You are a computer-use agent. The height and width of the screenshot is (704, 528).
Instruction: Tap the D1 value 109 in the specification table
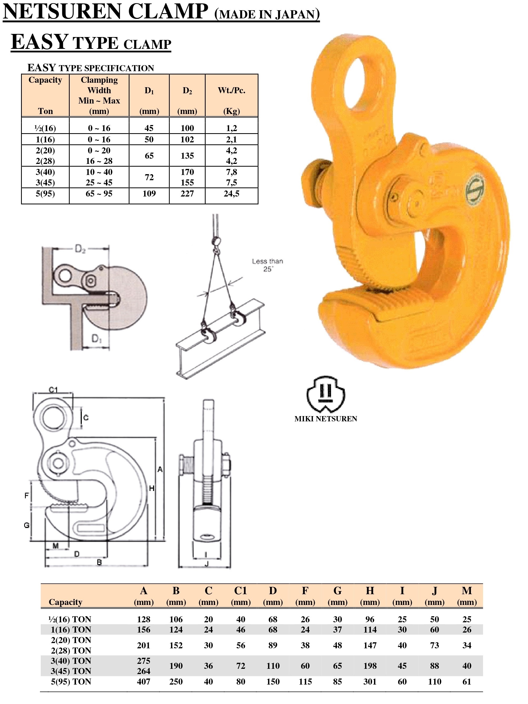click(x=149, y=194)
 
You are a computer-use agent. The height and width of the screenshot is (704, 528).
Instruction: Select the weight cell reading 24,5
click(x=231, y=194)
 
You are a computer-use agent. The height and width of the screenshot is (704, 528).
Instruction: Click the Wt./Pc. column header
click(x=231, y=90)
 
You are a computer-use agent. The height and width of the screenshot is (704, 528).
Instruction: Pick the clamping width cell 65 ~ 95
click(x=99, y=194)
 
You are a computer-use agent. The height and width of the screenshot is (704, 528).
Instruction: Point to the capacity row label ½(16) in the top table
click(x=45, y=128)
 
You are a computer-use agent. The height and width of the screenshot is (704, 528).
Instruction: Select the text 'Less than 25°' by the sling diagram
click(x=267, y=265)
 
